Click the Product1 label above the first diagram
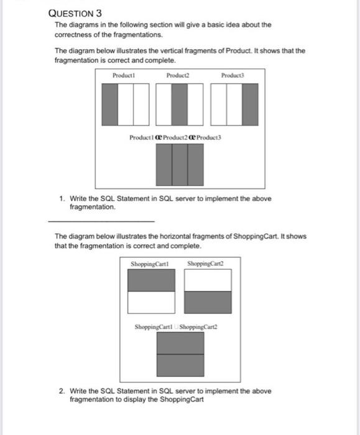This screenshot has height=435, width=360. pyautogui.click(x=123, y=75)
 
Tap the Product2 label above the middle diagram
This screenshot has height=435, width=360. pyautogui.click(x=177, y=75)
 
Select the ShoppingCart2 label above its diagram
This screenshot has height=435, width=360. pyautogui.click(x=203, y=265)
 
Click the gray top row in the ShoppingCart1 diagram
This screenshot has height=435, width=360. pyautogui.click(x=151, y=281)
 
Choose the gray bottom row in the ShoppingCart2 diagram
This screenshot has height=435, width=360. pyautogui.click(x=208, y=301)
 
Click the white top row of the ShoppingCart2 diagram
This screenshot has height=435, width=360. pyautogui.click(x=208, y=281)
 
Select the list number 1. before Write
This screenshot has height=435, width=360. pyautogui.click(x=63, y=199)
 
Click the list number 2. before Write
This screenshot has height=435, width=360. pyautogui.click(x=63, y=391)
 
